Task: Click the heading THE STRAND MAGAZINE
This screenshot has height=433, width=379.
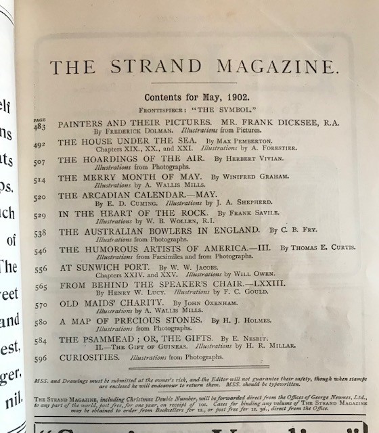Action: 194,66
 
